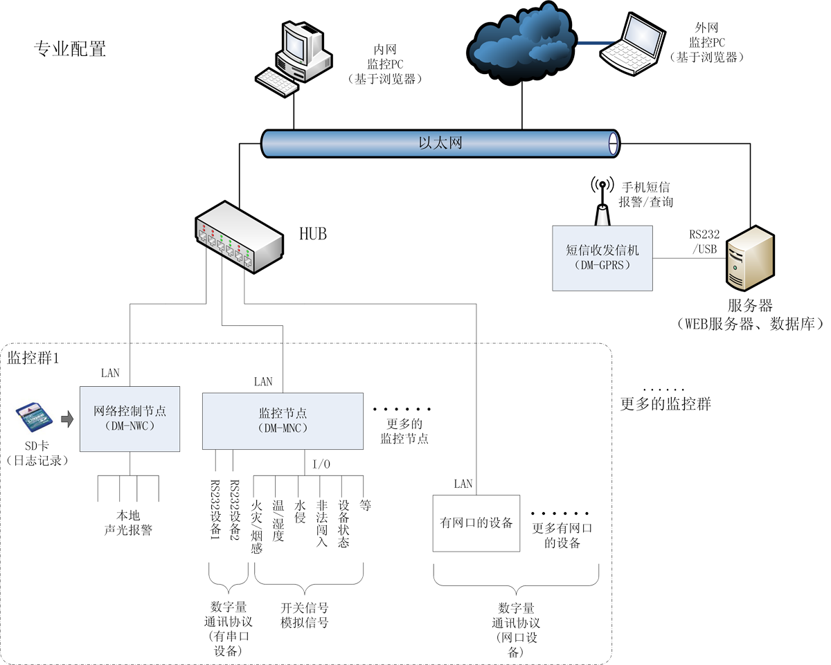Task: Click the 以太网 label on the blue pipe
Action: [x=440, y=144]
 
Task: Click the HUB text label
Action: [x=313, y=233]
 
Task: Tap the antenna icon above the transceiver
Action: [x=602, y=197]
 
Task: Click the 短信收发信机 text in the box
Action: [x=602, y=250]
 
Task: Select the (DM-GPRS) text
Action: [x=602, y=265]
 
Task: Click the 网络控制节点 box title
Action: [x=129, y=411]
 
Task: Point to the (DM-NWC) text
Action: [x=129, y=426]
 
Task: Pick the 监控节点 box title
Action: [x=282, y=413]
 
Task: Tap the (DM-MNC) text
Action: [x=282, y=428]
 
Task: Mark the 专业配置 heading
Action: [x=70, y=49]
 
